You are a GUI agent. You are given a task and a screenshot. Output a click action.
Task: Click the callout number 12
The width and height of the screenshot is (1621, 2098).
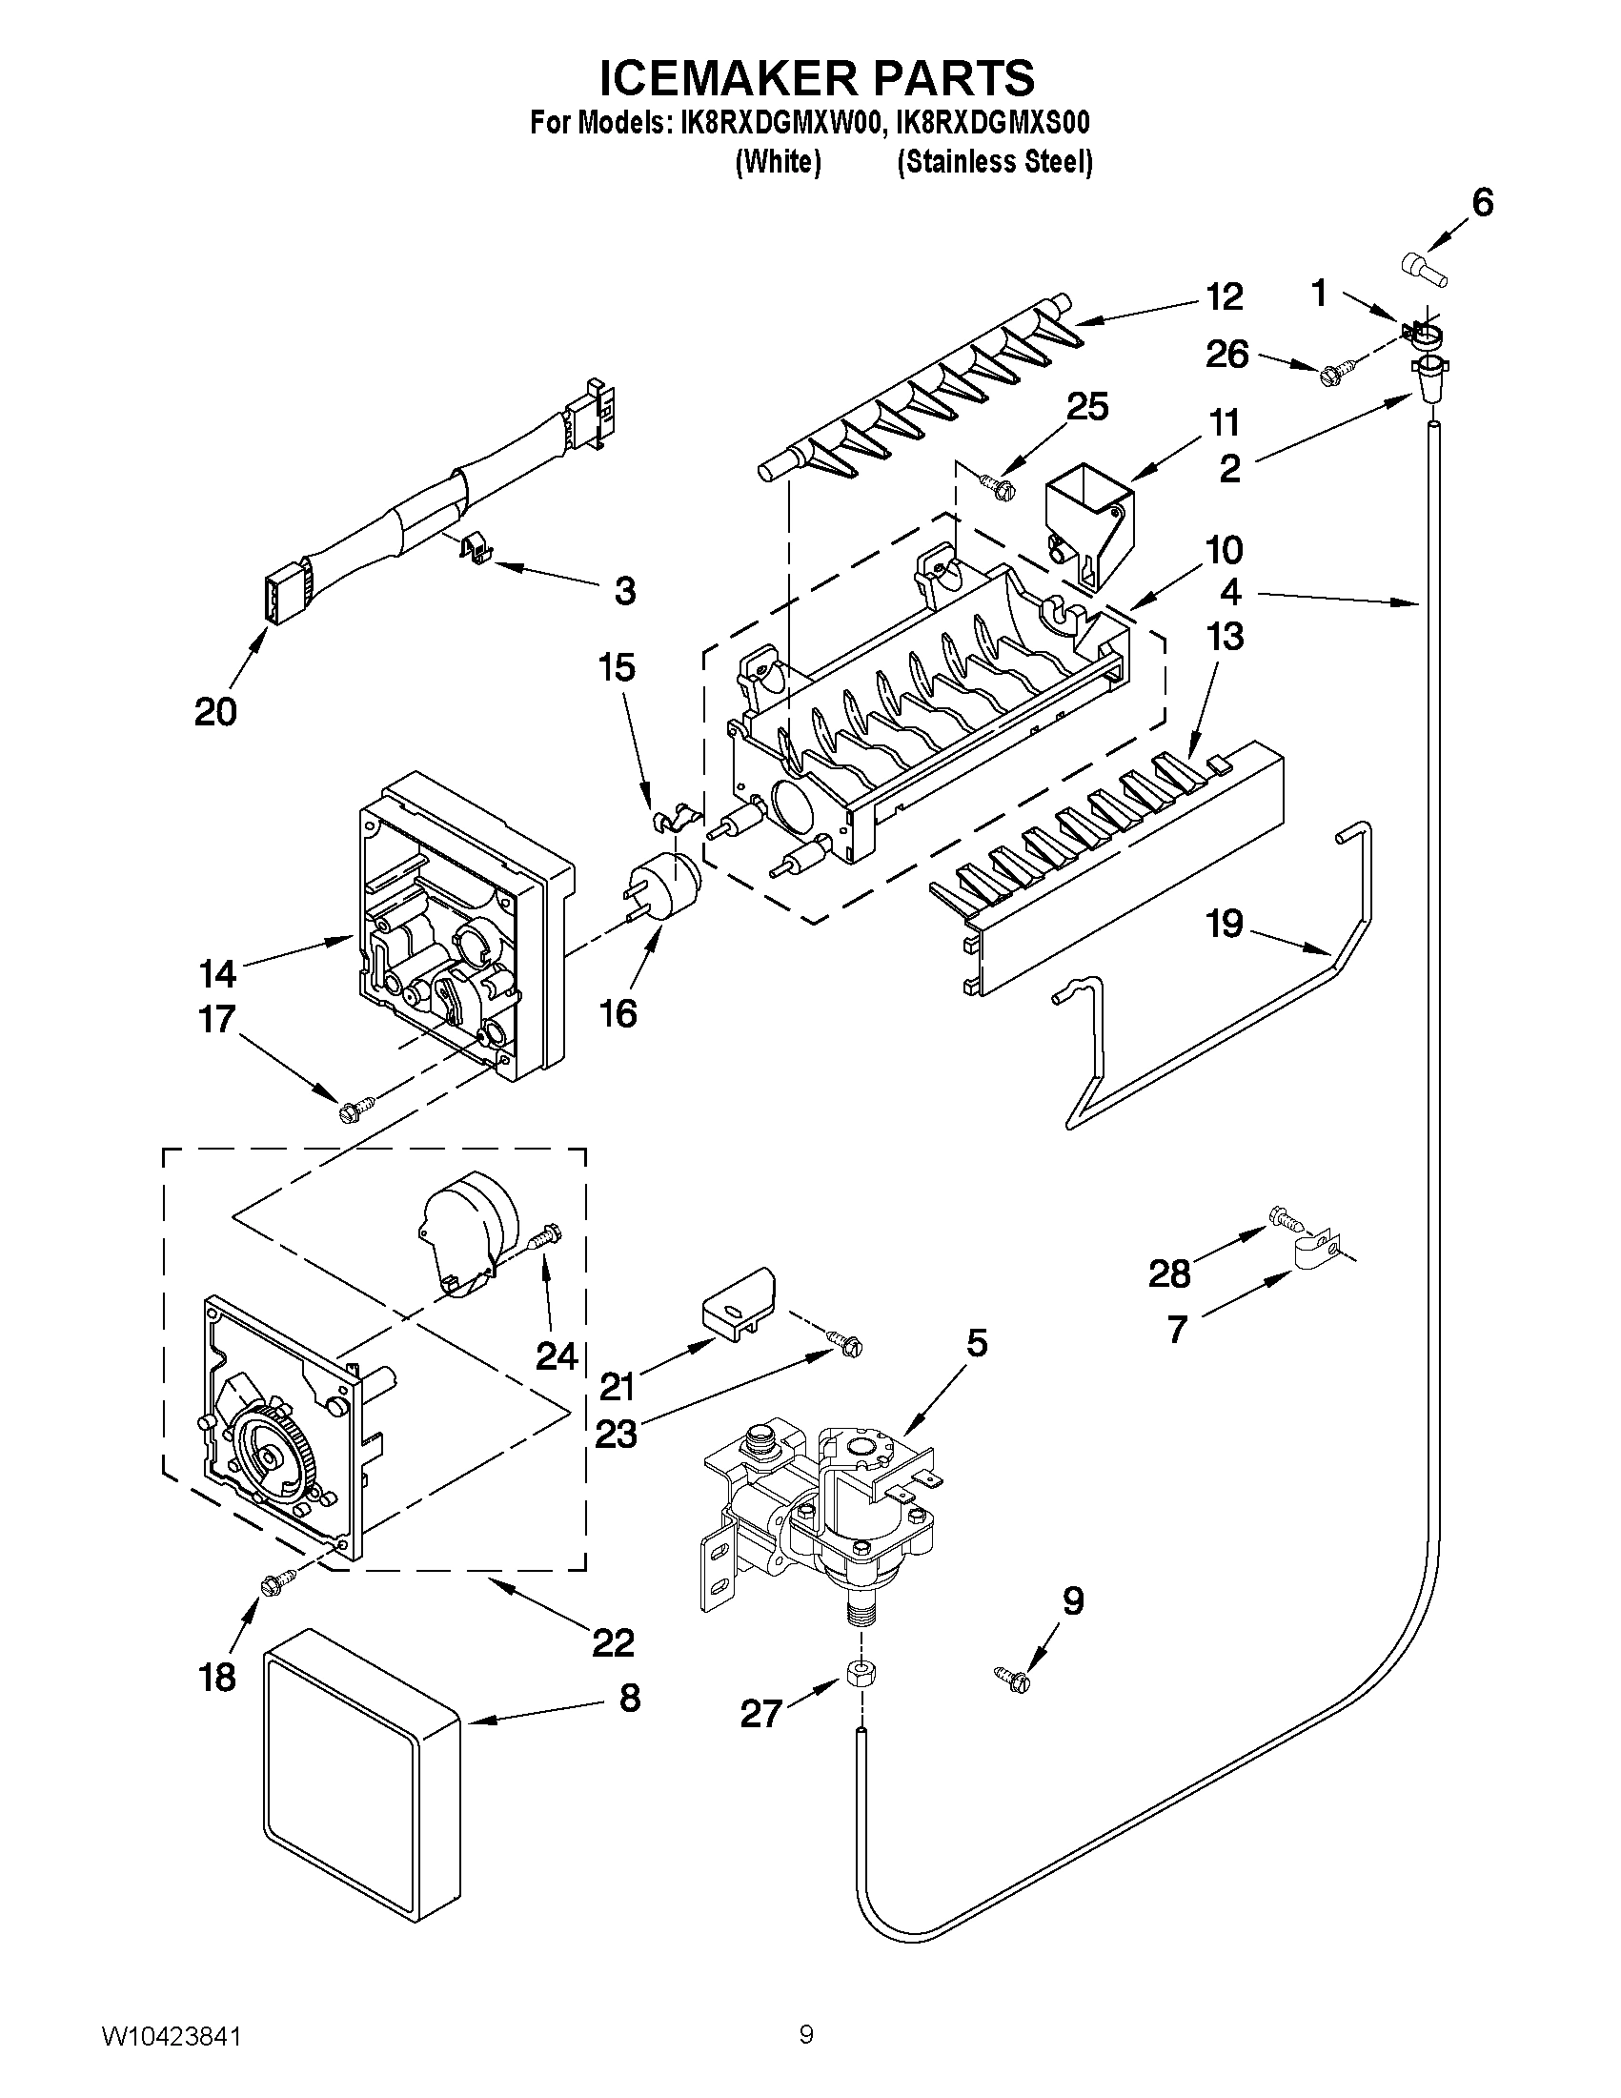[x=1224, y=296]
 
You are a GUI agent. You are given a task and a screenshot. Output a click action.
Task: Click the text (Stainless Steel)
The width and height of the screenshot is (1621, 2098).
[x=995, y=162]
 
